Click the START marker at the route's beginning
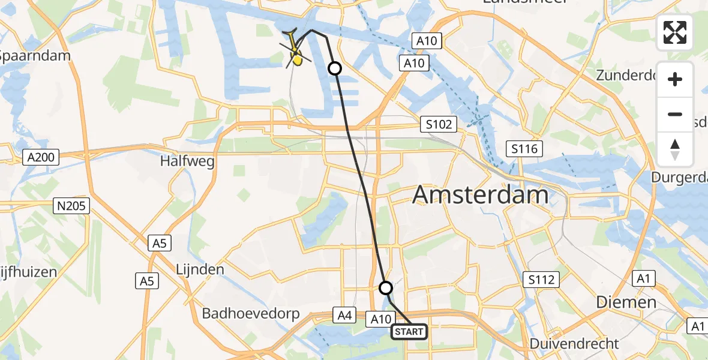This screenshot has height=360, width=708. pos(409,331)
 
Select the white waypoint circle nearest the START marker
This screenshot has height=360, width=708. pos(386,288)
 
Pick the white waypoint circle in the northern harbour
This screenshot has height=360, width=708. pos(335,69)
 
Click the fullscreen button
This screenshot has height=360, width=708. pos(675,32)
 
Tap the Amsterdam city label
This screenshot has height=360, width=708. pos(481,196)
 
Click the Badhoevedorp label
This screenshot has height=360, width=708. pos(250,313)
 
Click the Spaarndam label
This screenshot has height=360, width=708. pos(34,56)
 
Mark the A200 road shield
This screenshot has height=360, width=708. pos(41,158)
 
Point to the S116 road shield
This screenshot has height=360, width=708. pos(524,149)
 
